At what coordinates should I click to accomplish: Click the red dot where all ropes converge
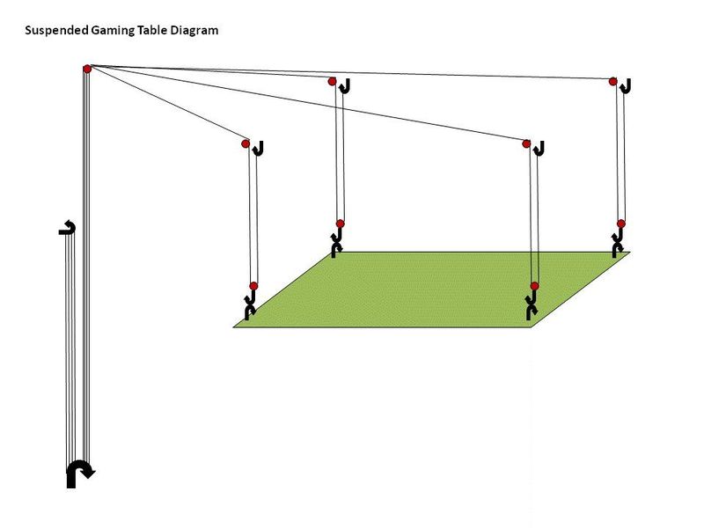coord(87,69)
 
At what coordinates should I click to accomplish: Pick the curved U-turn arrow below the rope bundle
coord(79,473)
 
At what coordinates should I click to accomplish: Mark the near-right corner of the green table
coord(531,326)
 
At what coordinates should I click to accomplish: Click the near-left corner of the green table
coord(234,326)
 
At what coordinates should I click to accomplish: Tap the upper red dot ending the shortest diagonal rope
coord(246,143)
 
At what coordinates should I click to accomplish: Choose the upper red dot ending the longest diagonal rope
coord(613,81)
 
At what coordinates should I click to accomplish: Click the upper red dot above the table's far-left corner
coord(332,81)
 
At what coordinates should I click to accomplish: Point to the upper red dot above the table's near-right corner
coord(526,143)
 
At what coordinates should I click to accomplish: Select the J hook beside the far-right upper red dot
coord(626,86)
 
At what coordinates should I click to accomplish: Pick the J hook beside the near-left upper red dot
coord(258,148)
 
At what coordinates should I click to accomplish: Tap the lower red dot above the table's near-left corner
coord(253,285)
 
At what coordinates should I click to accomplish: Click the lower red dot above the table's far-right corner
coord(621,224)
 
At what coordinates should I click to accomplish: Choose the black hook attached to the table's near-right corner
coord(532,305)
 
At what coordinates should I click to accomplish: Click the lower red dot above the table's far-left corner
coord(341,224)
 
